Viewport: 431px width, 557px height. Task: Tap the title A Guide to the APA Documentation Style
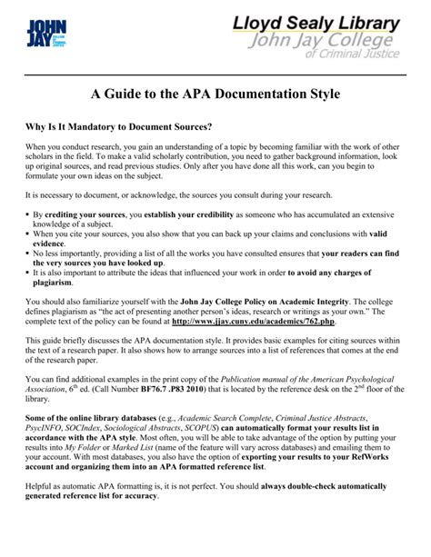click(215, 94)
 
